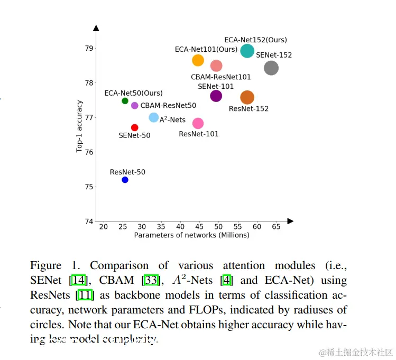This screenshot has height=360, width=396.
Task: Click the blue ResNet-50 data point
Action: tap(125, 180)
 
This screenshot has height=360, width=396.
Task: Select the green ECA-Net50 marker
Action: tap(125, 101)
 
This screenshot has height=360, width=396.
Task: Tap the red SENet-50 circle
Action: tap(134, 127)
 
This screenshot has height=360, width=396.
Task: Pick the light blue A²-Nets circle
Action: tap(154, 117)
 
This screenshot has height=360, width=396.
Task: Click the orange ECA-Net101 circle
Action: tap(198, 60)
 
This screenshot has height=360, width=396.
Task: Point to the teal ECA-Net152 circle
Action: tap(247, 51)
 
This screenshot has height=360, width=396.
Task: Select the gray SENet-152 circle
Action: tap(271, 68)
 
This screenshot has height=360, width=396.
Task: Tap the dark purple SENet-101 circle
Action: tap(216, 96)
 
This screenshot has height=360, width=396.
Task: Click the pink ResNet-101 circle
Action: tap(198, 123)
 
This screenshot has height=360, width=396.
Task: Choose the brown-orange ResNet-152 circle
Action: tap(247, 97)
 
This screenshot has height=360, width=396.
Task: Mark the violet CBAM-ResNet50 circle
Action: tap(134, 106)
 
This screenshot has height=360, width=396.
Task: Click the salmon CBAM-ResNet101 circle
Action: tap(216, 66)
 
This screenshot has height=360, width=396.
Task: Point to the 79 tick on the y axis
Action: tap(88, 48)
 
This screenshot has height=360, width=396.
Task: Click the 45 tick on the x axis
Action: tap(199, 226)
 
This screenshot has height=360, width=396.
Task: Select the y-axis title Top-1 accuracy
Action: tap(80, 126)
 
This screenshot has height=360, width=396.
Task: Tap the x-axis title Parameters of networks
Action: tap(191, 235)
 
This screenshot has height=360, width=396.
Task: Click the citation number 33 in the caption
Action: tap(158, 280)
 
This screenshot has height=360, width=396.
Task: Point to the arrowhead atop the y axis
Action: tap(96, 28)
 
